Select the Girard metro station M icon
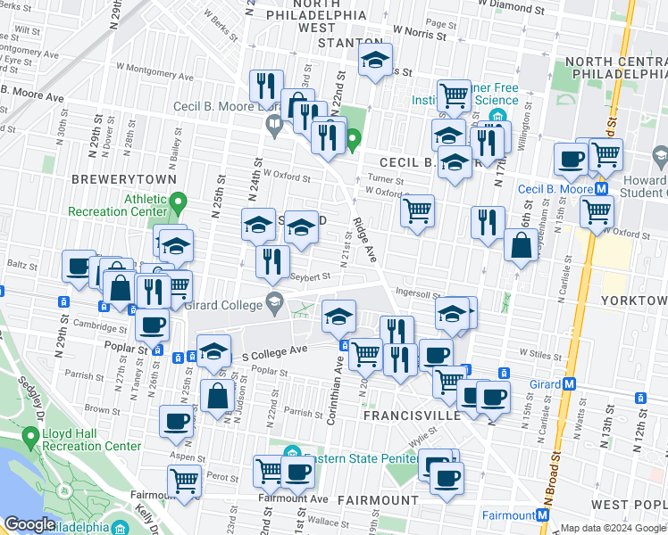[x=569, y=384]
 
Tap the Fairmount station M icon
[x=542, y=515]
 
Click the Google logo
[x=29, y=523]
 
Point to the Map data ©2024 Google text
[x=612, y=528]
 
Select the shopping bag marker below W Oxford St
[x=521, y=245]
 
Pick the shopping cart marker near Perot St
[x=185, y=481]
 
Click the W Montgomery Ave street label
[x=142, y=68]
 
